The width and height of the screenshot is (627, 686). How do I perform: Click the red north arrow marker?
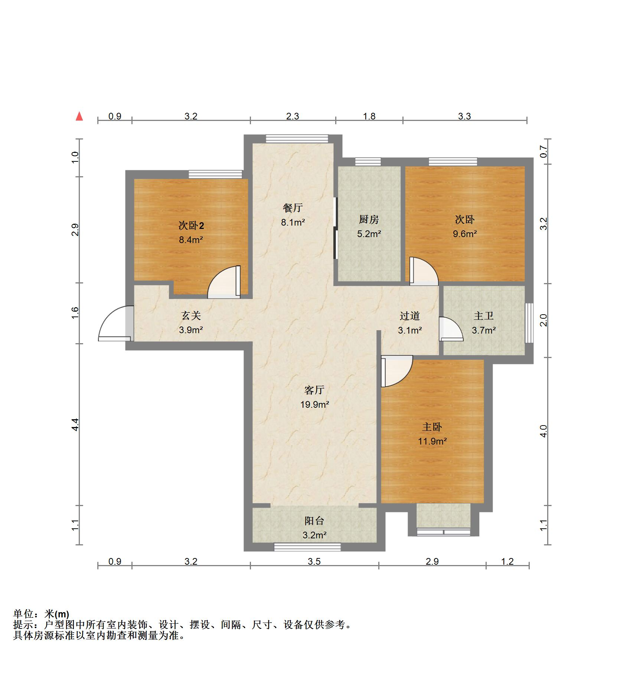point(79,116)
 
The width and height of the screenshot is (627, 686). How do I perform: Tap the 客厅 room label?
point(314,390)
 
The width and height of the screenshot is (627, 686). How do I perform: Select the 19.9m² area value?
point(314,404)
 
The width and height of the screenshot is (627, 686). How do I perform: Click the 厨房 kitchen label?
point(369,220)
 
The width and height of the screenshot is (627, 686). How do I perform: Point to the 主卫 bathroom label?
point(483,316)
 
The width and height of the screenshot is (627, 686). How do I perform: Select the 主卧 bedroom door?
point(396,371)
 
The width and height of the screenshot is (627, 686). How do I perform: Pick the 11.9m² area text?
point(432,441)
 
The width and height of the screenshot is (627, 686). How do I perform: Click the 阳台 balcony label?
point(314,521)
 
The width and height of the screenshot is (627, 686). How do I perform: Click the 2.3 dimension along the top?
point(292,116)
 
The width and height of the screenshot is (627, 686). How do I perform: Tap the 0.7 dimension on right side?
point(543,151)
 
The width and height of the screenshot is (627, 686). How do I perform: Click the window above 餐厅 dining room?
point(297,138)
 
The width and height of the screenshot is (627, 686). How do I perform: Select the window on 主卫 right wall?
point(529,322)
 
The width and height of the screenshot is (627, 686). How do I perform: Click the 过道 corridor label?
point(409,316)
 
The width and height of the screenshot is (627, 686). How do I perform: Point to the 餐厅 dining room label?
point(293,208)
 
